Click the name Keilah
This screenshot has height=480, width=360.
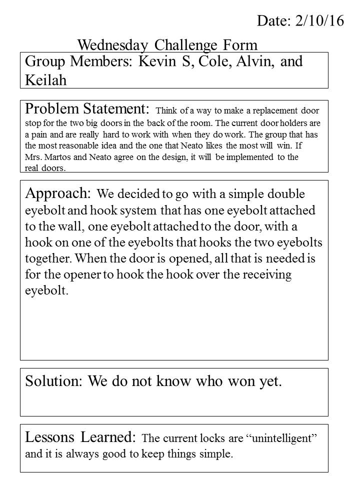coord(45,80)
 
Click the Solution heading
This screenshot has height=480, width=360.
coord(53,382)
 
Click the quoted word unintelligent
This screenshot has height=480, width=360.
coord(281,439)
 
